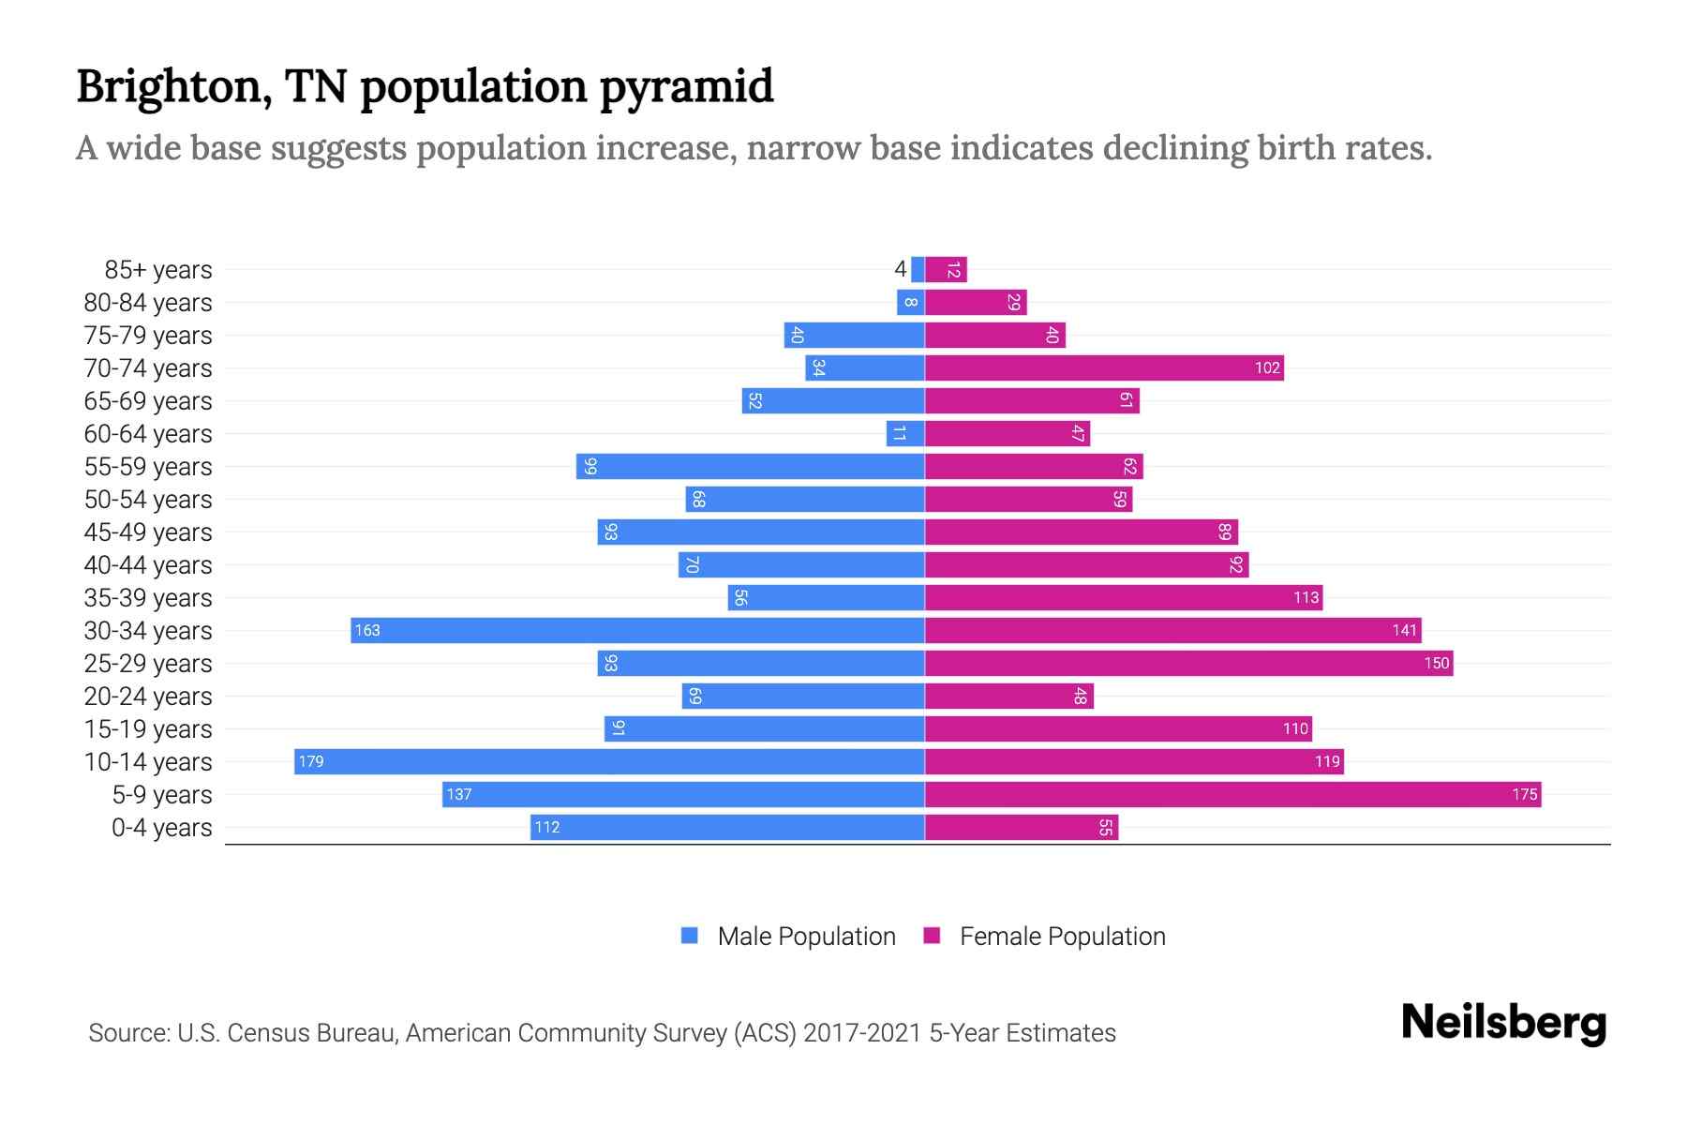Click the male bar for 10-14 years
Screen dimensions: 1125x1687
pyautogui.click(x=609, y=761)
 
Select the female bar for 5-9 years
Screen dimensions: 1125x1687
pyautogui.click(x=1232, y=795)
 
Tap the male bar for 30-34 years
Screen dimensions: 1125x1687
pyautogui.click(x=637, y=630)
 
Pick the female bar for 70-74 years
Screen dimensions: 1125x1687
pyautogui.click(x=1104, y=368)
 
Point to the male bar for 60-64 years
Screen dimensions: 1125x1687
pyautogui.click(x=905, y=434)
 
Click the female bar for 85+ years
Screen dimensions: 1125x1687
pyautogui.click(x=946, y=270)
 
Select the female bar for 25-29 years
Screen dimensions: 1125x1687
pyautogui.click(x=1188, y=664)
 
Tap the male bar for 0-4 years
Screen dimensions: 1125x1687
pyautogui.click(x=727, y=828)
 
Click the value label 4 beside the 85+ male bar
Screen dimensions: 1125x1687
pyautogui.click(x=900, y=270)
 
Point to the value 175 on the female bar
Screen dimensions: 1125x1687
pyautogui.click(x=1524, y=795)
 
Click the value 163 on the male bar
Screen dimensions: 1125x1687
pyautogui.click(x=367, y=630)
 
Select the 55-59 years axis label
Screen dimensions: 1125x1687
pyautogui.click(x=148, y=467)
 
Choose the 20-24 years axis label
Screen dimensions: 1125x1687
pyautogui.click(x=148, y=697)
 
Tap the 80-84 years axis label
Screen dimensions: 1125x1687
pyautogui.click(x=148, y=303)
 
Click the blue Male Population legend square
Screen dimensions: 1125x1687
pyautogui.click(x=690, y=936)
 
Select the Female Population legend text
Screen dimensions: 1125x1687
pyautogui.click(x=1062, y=937)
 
